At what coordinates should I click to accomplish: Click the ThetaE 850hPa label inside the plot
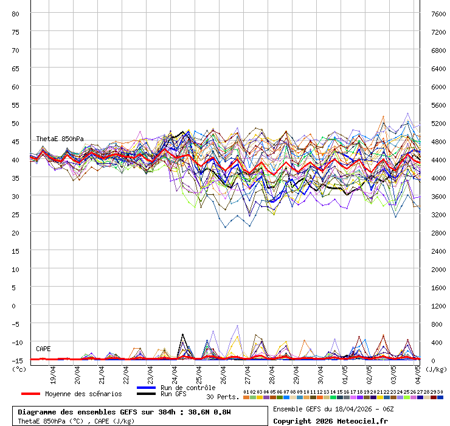point(60,139)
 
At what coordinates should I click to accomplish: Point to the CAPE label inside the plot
point(43,349)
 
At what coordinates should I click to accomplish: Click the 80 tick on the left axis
point(16,13)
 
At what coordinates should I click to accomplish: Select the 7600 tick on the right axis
point(438,13)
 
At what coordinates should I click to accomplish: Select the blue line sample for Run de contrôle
point(147,388)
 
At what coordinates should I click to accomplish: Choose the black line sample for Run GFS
point(147,394)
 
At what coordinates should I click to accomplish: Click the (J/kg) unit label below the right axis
point(436,369)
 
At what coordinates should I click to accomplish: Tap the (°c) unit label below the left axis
point(19,369)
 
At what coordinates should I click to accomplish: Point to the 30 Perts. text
point(221,397)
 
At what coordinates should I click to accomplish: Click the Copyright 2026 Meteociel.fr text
point(322,421)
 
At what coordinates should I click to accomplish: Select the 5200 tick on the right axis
point(438,123)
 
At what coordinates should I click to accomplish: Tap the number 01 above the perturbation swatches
point(246,392)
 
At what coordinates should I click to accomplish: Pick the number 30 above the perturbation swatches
point(440,392)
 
